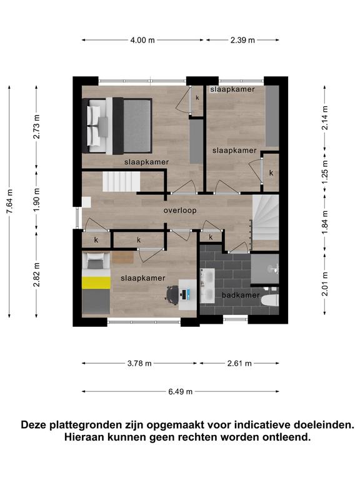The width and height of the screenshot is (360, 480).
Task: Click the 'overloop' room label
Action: [x=180, y=211]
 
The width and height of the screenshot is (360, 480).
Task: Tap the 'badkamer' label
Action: [x=241, y=296]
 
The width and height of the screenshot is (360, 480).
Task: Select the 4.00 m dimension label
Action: [x=142, y=40]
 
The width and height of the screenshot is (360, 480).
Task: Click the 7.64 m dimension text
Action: [x=9, y=201]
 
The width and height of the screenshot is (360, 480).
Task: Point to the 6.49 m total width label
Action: [x=180, y=391]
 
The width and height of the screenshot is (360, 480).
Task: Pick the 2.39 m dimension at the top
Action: [x=242, y=40]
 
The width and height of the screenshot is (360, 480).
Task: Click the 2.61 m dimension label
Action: [x=239, y=363]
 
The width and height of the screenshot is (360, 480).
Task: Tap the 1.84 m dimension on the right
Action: [x=325, y=222]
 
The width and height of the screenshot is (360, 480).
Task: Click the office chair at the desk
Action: [x=172, y=295]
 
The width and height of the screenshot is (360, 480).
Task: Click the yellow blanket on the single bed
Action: [x=96, y=282]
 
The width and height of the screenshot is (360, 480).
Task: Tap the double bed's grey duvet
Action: [x=137, y=126]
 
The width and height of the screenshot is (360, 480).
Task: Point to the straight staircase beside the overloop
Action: [x=121, y=181]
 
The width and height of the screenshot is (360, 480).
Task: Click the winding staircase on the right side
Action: [x=265, y=217]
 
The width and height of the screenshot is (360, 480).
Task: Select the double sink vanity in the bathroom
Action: [x=207, y=286]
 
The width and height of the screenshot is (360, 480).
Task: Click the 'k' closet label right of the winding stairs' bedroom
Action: [x=271, y=173]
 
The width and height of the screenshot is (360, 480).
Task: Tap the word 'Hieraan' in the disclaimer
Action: [x=84, y=437]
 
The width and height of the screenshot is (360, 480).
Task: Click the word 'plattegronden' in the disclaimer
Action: [x=96, y=425]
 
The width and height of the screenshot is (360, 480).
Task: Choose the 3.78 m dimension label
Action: [x=139, y=363]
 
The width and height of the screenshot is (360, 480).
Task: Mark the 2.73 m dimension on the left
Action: [x=36, y=127]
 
